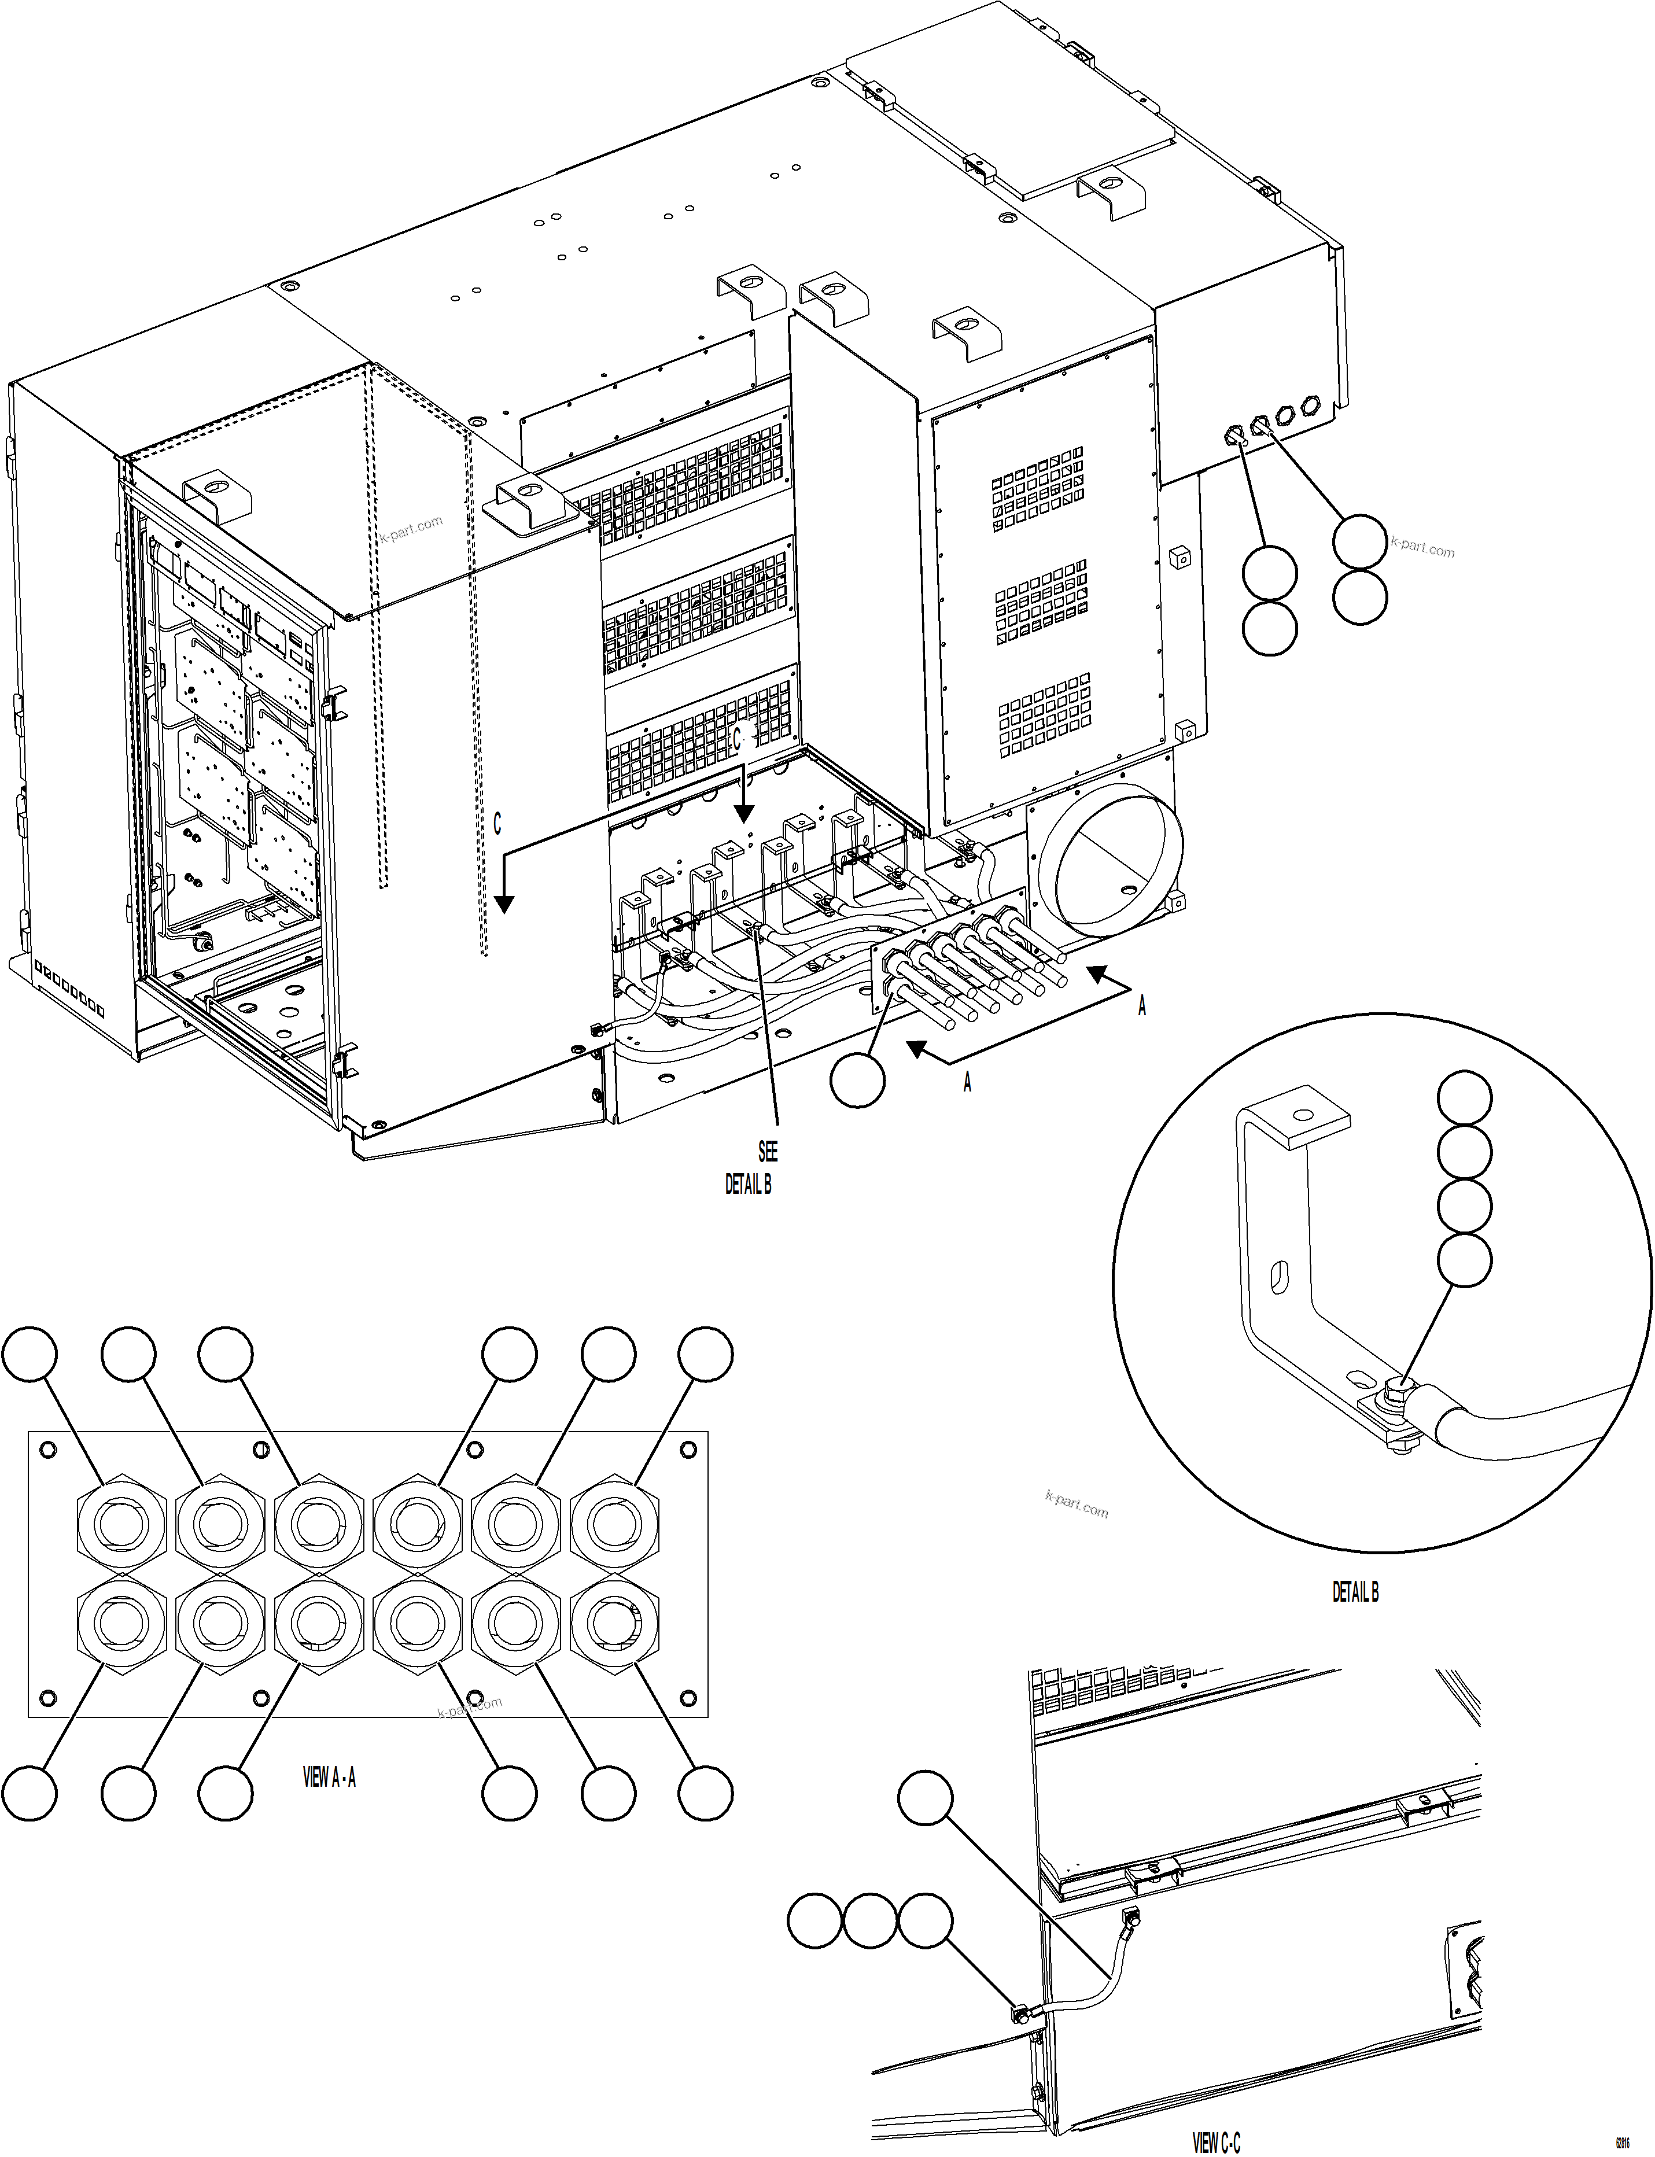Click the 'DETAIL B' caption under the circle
[1355, 1592]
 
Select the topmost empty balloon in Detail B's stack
[1464, 1097]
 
